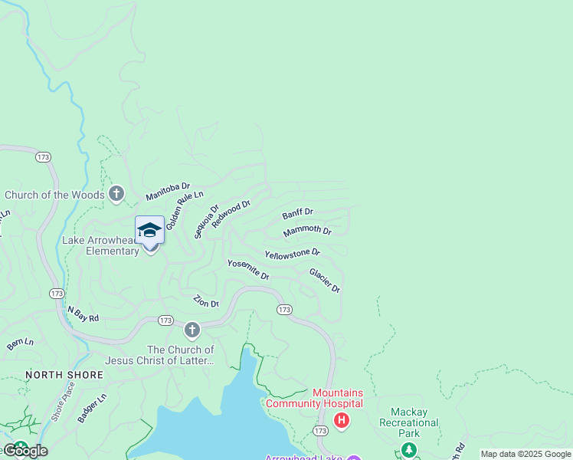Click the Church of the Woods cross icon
(116, 194)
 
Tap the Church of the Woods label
(54, 195)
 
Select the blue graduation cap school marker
(149, 230)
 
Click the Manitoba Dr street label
(168, 192)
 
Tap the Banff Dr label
(297, 212)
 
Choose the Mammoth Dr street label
(307, 231)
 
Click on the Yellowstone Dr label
(293, 252)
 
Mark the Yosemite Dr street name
(248, 269)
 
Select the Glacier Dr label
(324, 280)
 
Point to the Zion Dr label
(206, 301)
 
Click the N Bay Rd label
(83, 314)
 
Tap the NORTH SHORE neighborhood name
(64, 375)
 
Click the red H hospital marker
(342, 420)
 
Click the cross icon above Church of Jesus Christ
(192, 330)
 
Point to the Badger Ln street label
(92, 408)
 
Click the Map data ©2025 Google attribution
(526, 454)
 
